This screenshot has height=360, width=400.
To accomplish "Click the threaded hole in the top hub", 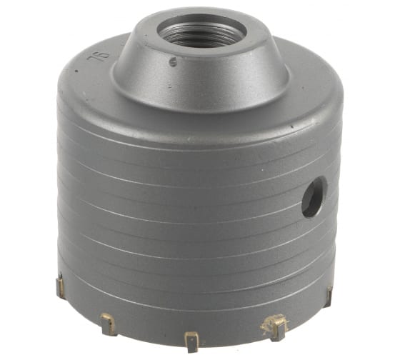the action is click(x=201, y=34).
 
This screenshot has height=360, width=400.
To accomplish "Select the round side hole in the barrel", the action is click(x=314, y=197).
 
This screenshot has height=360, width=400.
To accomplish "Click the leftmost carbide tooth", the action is click(x=60, y=286).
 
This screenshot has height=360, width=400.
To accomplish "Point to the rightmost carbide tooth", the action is click(x=329, y=296).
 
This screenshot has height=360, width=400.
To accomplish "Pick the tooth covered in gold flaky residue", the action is click(x=276, y=326).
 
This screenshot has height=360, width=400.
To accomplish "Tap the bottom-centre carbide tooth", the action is click(x=192, y=341).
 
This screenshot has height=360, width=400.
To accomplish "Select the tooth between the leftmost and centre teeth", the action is click(x=109, y=324).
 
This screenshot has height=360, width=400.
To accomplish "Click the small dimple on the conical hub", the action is click(x=174, y=61).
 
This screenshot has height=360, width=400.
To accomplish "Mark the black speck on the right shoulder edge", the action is click(x=292, y=126).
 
